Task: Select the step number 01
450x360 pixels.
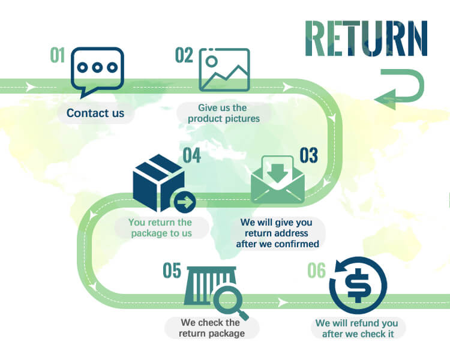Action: [x=58, y=56]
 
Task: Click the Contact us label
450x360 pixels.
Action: [x=95, y=113]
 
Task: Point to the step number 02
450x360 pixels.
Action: [x=184, y=55]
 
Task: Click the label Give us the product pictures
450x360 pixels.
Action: [x=223, y=113]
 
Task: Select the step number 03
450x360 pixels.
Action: [x=308, y=155]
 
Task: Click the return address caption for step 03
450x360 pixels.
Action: [x=278, y=233]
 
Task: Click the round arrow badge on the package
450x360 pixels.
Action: [x=185, y=202]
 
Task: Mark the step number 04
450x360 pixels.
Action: [x=192, y=155]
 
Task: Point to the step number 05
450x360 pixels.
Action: [x=172, y=271]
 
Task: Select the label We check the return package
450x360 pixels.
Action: [x=211, y=328]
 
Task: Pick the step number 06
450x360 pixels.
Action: [x=316, y=271]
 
